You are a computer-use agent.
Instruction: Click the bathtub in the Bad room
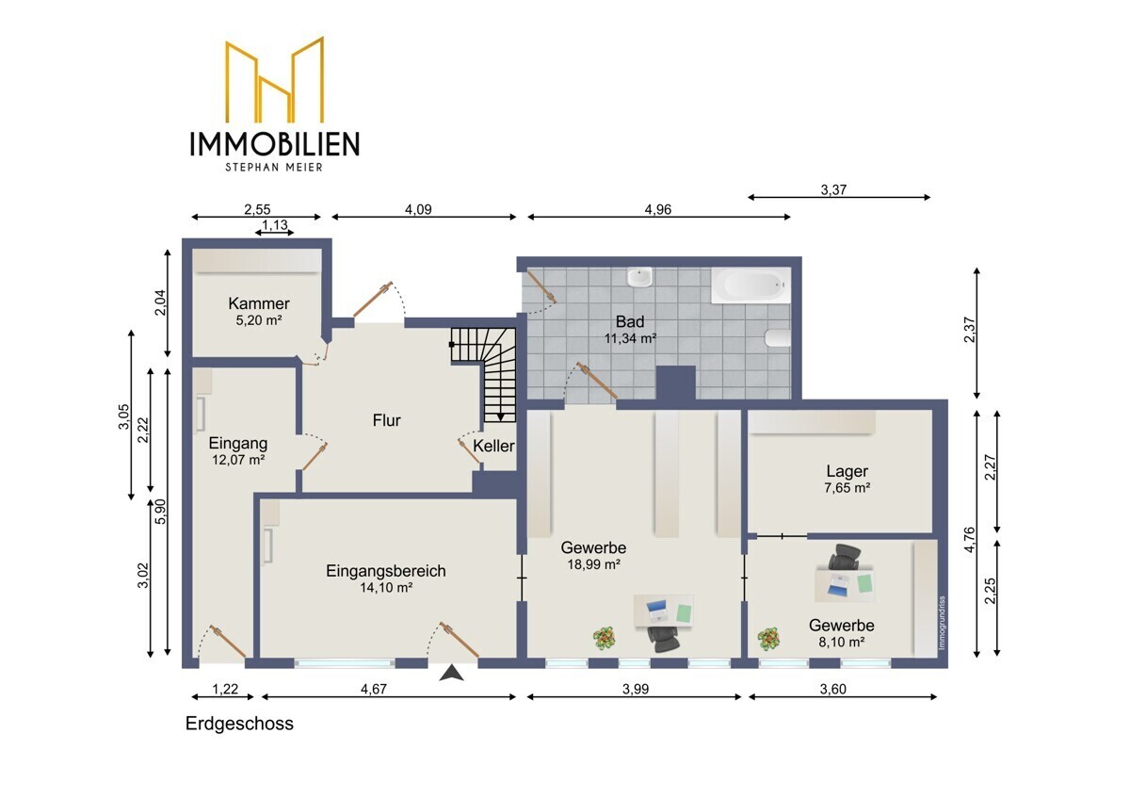751,285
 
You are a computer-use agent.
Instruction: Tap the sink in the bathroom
639,277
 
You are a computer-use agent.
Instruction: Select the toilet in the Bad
778,337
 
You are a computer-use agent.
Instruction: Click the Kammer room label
259,303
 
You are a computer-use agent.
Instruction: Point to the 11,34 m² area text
630,338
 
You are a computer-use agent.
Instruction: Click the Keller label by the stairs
493,446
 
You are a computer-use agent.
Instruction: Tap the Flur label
386,420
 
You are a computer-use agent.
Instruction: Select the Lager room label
847,471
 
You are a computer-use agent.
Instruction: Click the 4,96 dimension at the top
658,209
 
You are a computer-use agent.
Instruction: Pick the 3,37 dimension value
833,189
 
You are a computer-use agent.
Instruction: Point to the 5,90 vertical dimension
160,512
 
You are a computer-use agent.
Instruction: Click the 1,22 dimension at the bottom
225,689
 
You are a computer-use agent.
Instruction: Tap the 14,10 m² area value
386,587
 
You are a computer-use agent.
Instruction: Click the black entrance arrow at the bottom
451,673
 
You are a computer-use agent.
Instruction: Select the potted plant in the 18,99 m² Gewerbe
604,639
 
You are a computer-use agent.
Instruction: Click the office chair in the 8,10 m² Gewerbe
845,557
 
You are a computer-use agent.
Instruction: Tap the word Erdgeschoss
239,724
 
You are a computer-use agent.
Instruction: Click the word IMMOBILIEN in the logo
274,144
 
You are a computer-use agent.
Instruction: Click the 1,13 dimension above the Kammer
275,225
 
